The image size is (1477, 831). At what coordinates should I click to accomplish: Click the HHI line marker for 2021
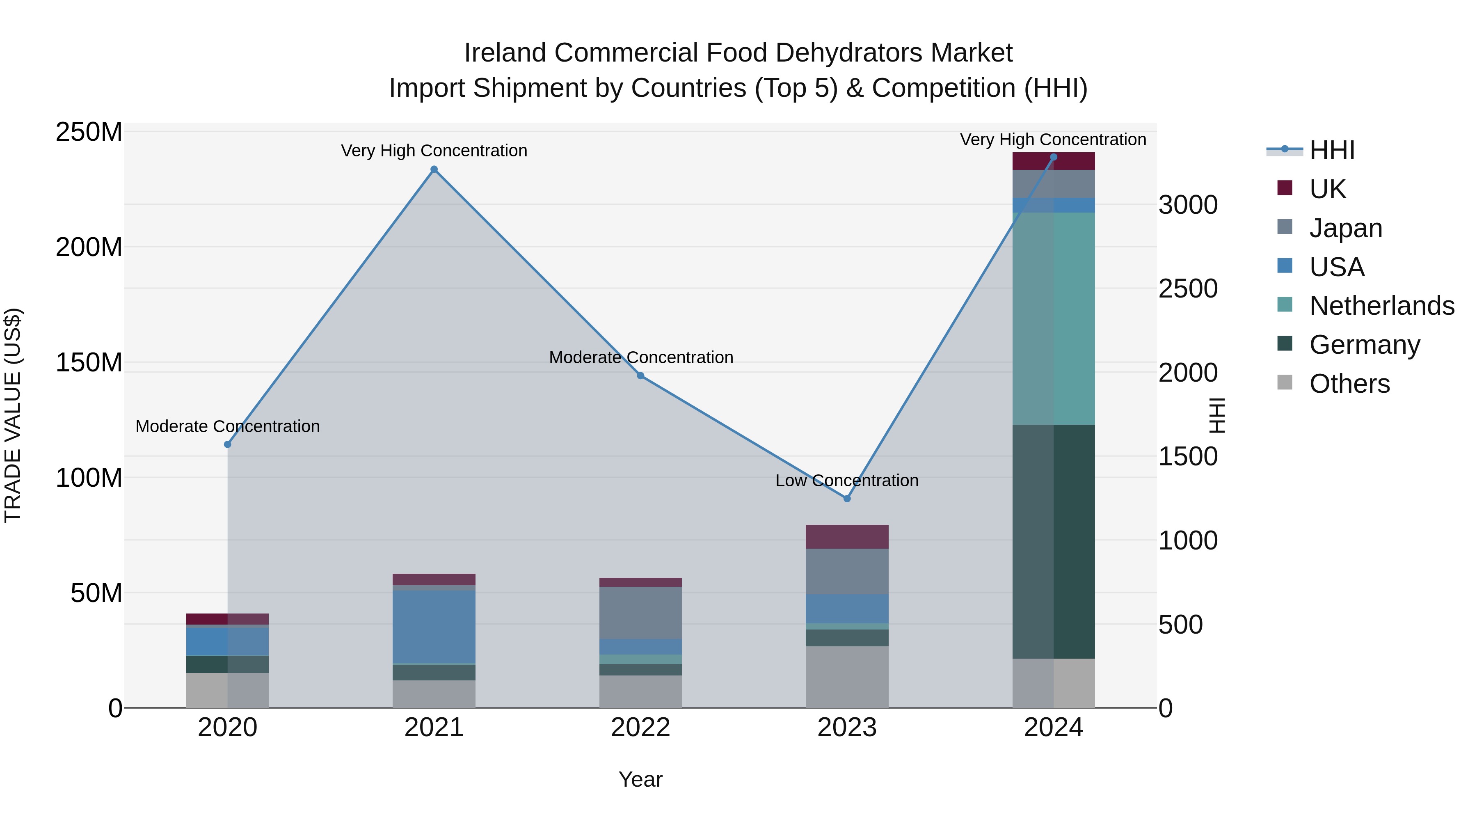(x=434, y=169)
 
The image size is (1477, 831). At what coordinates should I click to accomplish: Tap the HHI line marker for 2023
(x=847, y=498)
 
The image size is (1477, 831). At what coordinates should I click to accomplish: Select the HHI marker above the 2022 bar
(x=640, y=375)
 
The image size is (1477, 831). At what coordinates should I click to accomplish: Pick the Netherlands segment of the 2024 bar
(x=1053, y=318)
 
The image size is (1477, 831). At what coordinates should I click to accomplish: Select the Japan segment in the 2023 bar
(x=847, y=571)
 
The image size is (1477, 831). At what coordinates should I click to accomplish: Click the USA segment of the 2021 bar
(x=434, y=626)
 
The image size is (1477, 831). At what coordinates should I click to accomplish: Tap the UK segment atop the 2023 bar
(x=847, y=536)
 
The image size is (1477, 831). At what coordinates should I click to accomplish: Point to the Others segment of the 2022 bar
(x=640, y=691)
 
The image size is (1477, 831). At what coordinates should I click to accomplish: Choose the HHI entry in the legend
(x=1331, y=150)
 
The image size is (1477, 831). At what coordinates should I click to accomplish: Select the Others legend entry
(x=1349, y=384)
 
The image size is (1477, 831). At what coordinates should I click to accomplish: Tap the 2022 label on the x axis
(x=640, y=728)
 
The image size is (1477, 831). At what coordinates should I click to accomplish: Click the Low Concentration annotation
(x=847, y=481)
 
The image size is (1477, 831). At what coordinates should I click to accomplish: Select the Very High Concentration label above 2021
(x=434, y=151)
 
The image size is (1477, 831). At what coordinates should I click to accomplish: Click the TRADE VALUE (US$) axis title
(x=13, y=415)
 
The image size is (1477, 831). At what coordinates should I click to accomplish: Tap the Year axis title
(x=640, y=779)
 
